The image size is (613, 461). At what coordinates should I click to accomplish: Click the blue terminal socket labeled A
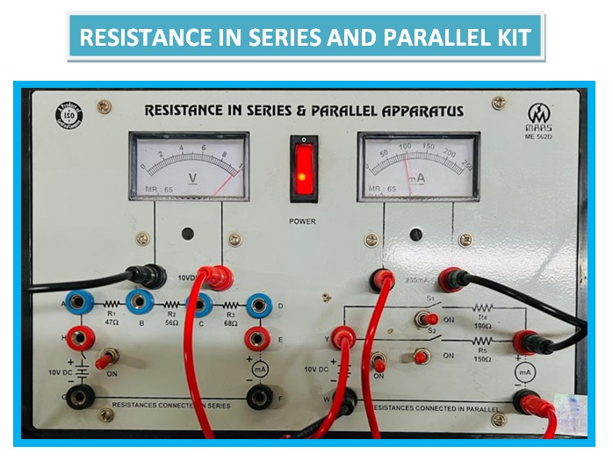tap(77, 303)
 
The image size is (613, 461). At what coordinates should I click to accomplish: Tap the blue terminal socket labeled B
tap(138, 304)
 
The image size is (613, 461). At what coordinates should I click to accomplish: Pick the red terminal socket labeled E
tap(257, 337)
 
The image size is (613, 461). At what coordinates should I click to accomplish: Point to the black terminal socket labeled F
tap(258, 398)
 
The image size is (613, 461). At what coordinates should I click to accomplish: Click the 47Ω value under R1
tap(112, 323)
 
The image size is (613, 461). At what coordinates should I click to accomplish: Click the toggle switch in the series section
tap(109, 358)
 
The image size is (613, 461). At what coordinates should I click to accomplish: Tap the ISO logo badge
tap(68, 112)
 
